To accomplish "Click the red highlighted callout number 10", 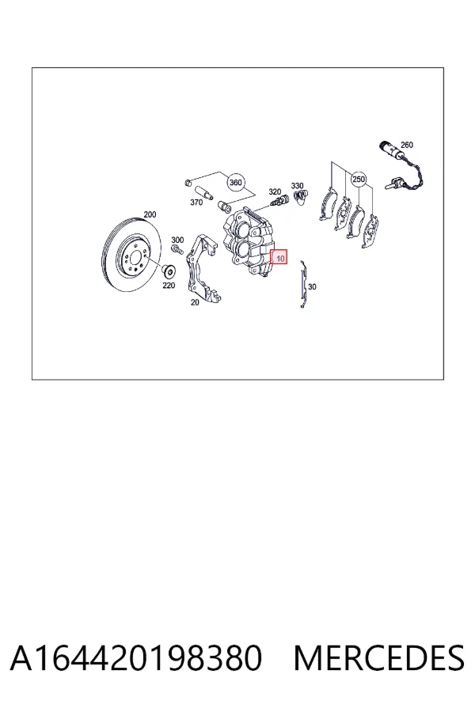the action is pyautogui.click(x=279, y=258).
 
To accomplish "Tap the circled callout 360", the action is pyautogui.click(x=235, y=183).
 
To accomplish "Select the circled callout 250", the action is pyautogui.click(x=359, y=180).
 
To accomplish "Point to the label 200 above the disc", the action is pyautogui.click(x=150, y=214).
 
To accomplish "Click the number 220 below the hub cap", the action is pyautogui.click(x=169, y=286).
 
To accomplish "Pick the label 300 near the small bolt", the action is pyautogui.click(x=177, y=240).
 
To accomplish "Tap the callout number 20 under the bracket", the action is pyautogui.click(x=195, y=302).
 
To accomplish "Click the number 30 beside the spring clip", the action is pyautogui.click(x=312, y=286).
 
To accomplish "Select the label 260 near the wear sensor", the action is pyautogui.click(x=406, y=145).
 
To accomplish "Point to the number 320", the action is pyautogui.click(x=275, y=192).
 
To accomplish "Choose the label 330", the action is pyautogui.click(x=297, y=186).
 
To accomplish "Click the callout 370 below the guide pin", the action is pyautogui.click(x=196, y=202).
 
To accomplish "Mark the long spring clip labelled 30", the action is pyautogui.click(x=303, y=284).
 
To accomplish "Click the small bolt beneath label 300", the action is pyautogui.click(x=177, y=249).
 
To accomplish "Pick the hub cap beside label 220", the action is pyautogui.click(x=169, y=271).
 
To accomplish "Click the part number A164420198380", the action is pyautogui.click(x=136, y=657).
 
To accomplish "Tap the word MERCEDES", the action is pyautogui.click(x=378, y=657).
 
